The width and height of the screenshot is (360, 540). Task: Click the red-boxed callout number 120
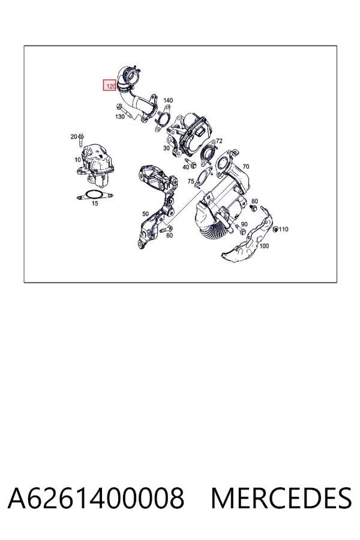pyautogui.click(x=110, y=86)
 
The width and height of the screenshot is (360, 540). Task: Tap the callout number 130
pyautogui.click(x=119, y=117)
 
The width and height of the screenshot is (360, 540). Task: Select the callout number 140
pyautogui.click(x=168, y=100)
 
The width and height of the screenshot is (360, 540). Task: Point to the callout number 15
pyautogui.click(x=95, y=203)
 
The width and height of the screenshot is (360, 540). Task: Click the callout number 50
pyautogui.click(x=145, y=214)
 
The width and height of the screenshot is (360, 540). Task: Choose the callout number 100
pyautogui.click(x=264, y=246)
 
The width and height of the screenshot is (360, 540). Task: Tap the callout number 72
pyautogui.click(x=219, y=141)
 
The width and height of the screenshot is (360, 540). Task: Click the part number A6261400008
pyautogui.click(x=96, y=498)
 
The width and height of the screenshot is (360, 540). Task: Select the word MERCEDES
pyautogui.click(x=281, y=498)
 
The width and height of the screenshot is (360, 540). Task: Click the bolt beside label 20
pyautogui.click(x=82, y=140)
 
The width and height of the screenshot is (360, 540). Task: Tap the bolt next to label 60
pyautogui.click(x=166, y=229)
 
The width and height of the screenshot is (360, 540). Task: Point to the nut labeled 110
pyautogui.click(x=275, y=229)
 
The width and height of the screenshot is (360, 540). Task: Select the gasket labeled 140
pyautogui.click(x=163, y=118)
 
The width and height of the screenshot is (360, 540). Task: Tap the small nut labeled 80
pyautogui.click(x=254, y=208)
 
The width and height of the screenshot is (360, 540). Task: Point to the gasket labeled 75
pyautogui.click(x=203, y=178)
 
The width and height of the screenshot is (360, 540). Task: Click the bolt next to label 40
pyautogui.click(x=191, y=163)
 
